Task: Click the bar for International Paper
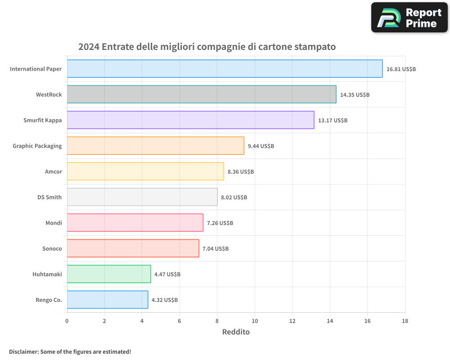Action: tap(225, 69)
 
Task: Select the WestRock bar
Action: tap(202, 94)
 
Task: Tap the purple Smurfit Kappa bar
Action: tap(190, 120)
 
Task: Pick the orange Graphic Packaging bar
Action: tap(155, 146)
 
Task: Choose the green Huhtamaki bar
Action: tap(109, 274)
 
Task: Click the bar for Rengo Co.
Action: tap(108, 300)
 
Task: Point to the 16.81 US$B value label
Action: tap(401, 69)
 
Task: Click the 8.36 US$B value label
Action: tap(241, 172)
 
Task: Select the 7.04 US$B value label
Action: tap(216, 249)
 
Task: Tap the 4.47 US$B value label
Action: tap(167, 274)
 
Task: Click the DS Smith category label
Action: tap(49, 197)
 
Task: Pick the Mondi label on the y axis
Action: tap(54, 223)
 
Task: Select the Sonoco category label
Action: tap(52, 248)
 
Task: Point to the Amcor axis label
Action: tap(54, 171)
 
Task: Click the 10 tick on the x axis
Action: tap(255, 321)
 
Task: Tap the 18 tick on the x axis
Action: tap(405, 321)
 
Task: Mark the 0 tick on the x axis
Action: tap(67, 321)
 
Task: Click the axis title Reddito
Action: tap(236, 332)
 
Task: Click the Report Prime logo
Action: tap(409, 18)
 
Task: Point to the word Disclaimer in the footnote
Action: tap(23, 351)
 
